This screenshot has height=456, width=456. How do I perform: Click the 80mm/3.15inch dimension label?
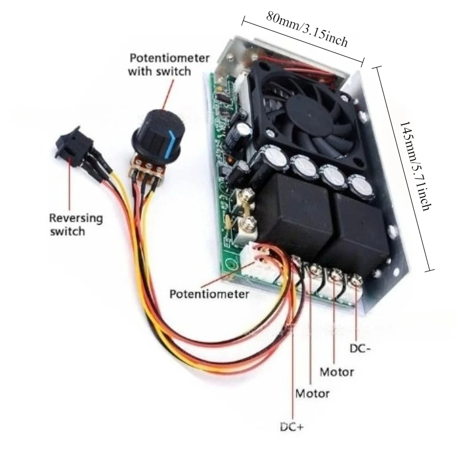(307, 29)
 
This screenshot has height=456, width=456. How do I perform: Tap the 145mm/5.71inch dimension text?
(415, 166)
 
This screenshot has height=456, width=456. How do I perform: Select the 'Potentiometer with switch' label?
(169, 64)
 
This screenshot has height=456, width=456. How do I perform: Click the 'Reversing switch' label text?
(76, 225)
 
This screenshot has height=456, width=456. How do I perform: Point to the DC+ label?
(292, 427)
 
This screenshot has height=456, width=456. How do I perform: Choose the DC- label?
(360, 348)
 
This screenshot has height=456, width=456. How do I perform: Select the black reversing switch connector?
(74, 147)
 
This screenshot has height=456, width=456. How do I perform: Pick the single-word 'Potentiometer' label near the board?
(209, 294)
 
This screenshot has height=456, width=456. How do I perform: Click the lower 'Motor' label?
(312, 393)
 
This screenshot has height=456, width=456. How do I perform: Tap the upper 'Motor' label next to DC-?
(337, 372)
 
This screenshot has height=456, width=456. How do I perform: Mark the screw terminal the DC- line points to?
(355, 281)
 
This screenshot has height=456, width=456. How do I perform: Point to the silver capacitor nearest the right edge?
(361, 188)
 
